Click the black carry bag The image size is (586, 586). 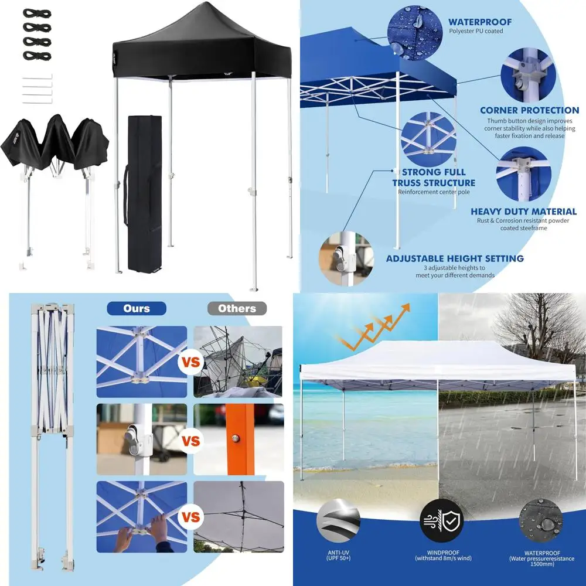point(145,193)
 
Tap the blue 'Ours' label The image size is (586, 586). point(137,308)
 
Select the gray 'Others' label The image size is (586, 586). point(237,308)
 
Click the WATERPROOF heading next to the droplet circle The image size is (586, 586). point(480,22)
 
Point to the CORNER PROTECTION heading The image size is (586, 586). point(529,110)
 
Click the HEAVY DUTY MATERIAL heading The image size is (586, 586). point(524,212)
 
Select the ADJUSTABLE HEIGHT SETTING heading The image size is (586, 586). point(455,258)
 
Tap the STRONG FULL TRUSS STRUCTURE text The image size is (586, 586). point(434,178)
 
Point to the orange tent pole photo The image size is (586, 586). point(239,439)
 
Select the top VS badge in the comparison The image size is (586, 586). point(190,362)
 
